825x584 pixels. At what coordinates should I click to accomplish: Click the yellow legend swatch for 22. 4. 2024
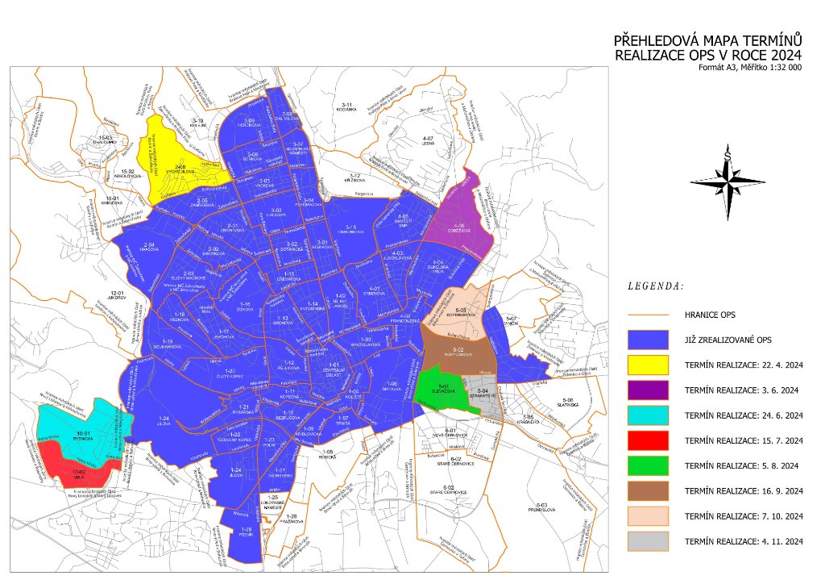point(647,365)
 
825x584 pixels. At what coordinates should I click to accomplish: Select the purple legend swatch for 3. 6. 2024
point(647,390)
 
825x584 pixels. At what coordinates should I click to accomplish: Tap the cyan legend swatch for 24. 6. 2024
point(647,415)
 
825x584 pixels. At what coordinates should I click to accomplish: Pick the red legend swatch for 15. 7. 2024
point(647,440)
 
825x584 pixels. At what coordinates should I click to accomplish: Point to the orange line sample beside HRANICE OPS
point(647,315)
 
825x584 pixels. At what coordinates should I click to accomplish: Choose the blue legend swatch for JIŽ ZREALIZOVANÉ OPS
point(647,340)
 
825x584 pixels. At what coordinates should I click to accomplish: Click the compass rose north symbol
point(728,157)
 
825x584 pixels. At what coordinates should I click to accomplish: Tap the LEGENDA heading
point(655,286)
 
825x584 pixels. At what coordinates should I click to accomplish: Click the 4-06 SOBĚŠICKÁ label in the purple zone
point(458,227)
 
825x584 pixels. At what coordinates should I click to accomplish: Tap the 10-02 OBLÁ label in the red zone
point(78,473)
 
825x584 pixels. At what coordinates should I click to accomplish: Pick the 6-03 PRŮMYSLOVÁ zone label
point(539,507)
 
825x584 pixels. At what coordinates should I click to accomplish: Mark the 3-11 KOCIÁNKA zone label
point(348,107)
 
